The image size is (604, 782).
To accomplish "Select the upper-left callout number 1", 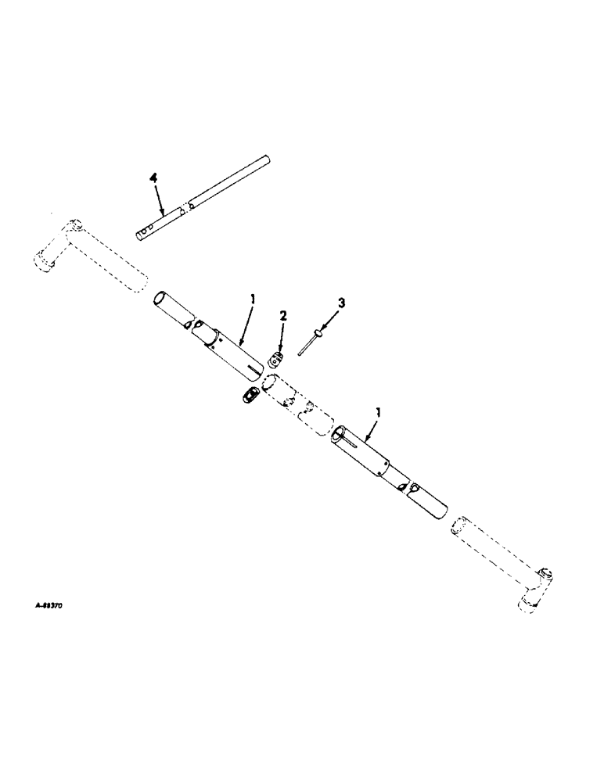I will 253,298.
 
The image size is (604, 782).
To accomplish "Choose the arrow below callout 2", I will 283,336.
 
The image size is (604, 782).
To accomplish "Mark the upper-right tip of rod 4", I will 268,162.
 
